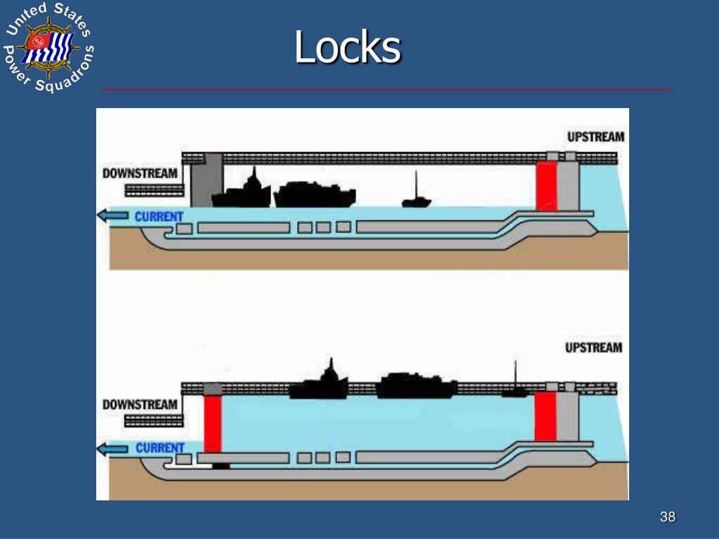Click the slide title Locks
point(348,48)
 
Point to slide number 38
point(667,517)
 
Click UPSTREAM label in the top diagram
point(595,137)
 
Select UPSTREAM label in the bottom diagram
point(594,347)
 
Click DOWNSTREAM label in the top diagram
point(140,173)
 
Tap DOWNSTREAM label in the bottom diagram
point(140,404)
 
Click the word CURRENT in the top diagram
point(159,216)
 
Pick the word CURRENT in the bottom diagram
point(160,448)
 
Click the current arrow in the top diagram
point(113,216)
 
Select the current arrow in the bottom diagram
point(113,448)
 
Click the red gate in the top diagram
point(546,185)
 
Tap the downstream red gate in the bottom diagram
point(212,422)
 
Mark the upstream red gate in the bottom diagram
point(545,417)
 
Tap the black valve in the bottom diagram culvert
point(221,465)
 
